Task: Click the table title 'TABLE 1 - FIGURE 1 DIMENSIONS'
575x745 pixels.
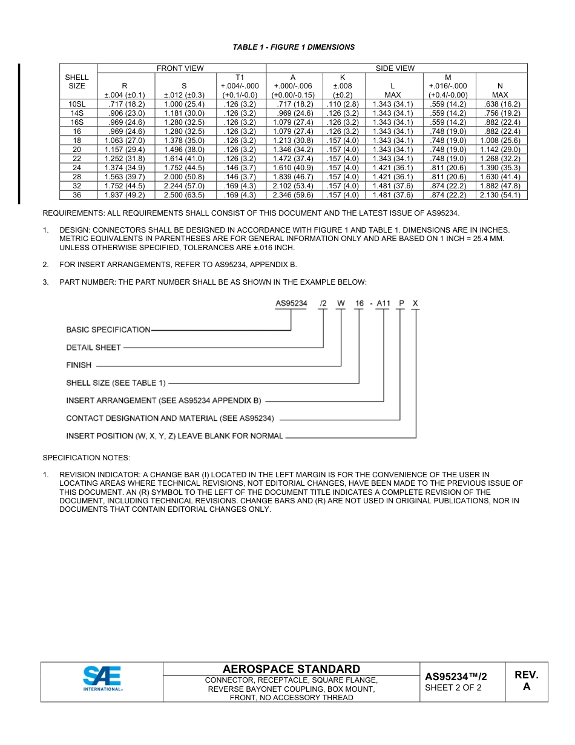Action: tap(294, 47)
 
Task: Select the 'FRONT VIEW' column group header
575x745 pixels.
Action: tap(180, 68)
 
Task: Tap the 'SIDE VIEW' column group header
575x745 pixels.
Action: tap(395, 68)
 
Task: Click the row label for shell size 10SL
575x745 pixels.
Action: tap(77, 104)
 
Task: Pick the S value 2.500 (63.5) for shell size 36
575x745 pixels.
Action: tap(184, 195)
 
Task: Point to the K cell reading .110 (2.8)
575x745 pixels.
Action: tap(342, 104)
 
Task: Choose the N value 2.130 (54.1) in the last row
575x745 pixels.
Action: tap(500, 195)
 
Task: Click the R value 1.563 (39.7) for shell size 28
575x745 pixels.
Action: tap(125, 177)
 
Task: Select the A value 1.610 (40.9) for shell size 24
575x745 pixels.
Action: tap(293, 168)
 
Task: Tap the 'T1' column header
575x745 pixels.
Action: tap(240, 78)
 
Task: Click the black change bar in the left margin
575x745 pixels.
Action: tap(19, 133)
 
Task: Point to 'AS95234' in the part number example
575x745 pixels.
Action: tap(291, 303)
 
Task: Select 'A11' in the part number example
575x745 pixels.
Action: tap(384, 303)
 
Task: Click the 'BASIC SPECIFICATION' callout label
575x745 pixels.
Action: tap(108, 330)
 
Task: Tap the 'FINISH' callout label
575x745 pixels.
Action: tap(79, 365)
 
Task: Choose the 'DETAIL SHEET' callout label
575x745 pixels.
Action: tap(93, 348)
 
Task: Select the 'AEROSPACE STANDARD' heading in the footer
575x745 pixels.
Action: tap(291, 669)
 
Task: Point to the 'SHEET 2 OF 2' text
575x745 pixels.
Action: tap(453, 687)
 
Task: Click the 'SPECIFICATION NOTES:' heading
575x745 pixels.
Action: tap(86, 457)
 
